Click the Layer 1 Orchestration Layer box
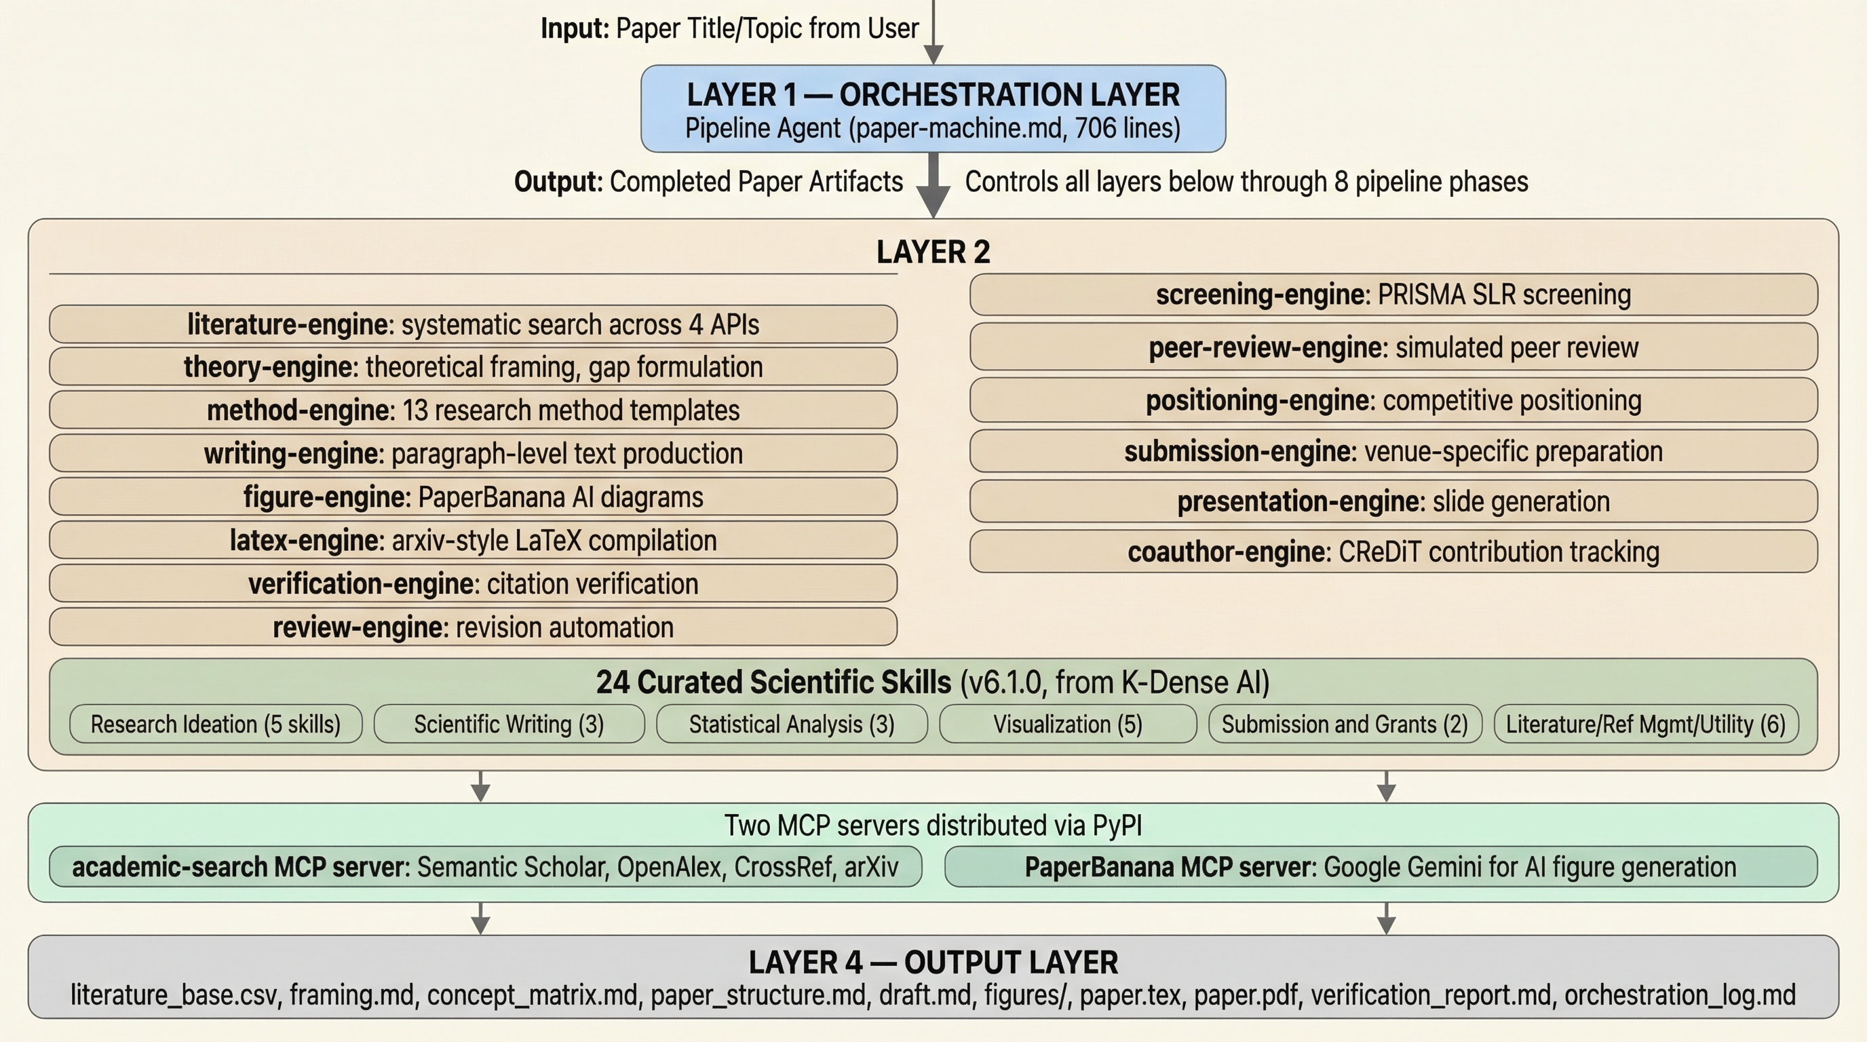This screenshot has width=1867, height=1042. point(933,109)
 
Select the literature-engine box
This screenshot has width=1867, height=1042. point(473,324)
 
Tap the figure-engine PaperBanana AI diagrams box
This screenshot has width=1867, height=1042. point(473,497)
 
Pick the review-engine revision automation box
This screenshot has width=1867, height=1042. point(473,627)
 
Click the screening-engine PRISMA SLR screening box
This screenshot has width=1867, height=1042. point(1393,295)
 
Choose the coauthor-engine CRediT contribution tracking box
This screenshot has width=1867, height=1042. point(1393,552)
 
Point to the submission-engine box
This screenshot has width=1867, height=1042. point(1393,451)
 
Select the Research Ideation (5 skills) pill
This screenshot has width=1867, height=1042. point(215,724)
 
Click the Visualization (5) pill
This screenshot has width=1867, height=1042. point(1067,724)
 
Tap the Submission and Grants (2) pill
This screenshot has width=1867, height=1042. point(1345,724)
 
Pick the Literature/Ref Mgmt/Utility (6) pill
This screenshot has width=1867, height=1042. point(1645,724)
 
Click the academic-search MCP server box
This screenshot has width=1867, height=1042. point(485,867)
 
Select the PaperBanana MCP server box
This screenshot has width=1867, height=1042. point(1380,867)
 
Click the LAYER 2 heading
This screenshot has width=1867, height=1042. point(933,252)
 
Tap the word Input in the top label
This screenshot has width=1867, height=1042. point(575,29)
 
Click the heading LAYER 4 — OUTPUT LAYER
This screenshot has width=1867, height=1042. point(933,963)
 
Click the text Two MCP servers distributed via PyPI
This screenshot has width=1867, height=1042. point(933,826)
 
